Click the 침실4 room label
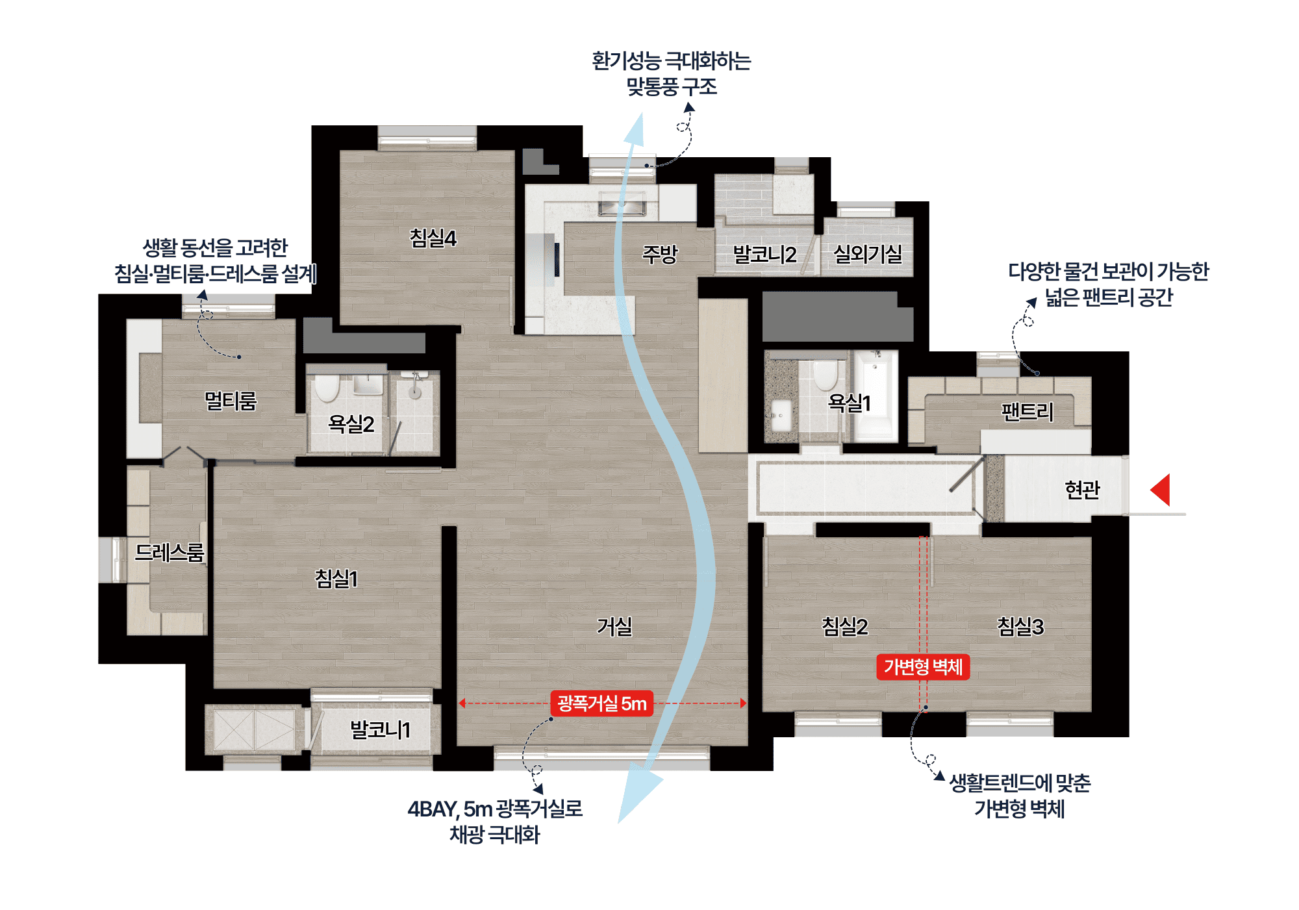tap(433, 238)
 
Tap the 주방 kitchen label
tap(659, 254)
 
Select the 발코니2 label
tap(764, 255)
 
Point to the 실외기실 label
tap(867, 254)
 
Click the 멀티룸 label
tap(231, 401)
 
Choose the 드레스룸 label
tap(169, 552)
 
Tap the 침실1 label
tap(336, 578)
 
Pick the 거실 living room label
tap(614, 626)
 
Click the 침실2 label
tap(844, 626)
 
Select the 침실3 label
tap(1020, 626)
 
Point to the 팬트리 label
tap(1027, 411)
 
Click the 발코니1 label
tap(380, 729)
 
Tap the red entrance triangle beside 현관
tap(1161, 489)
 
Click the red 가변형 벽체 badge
tap(923, 667)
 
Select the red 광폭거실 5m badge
tap(601, 703)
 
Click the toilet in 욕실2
tap(327, 388)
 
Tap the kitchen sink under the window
tap(622, 207)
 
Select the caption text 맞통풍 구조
tap(672, 86)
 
